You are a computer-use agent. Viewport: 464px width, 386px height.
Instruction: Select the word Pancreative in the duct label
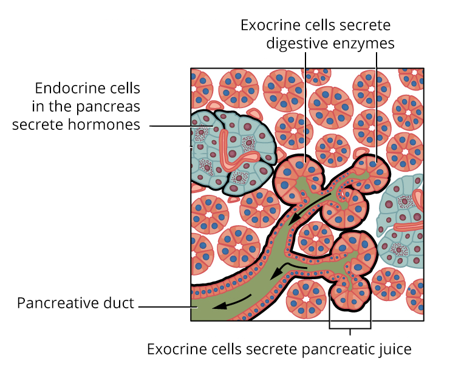55,303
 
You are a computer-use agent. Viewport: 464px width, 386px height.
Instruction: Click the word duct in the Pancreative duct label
120,303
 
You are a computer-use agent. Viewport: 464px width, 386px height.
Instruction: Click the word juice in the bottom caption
395,350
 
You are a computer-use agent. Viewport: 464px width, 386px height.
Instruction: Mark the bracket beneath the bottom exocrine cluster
350,328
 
